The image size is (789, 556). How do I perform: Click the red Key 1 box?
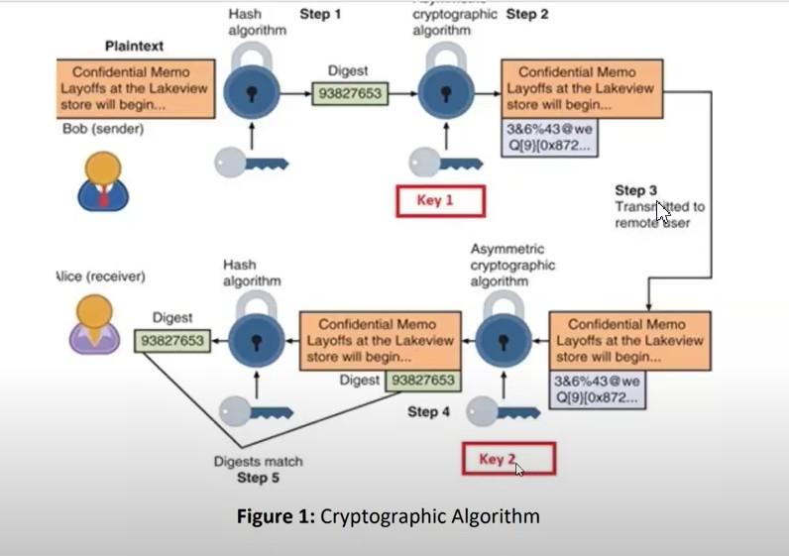[x=440, y=201]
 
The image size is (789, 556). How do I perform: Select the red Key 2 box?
[x=508, y=459]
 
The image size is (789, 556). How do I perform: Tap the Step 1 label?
[x=320, y=14]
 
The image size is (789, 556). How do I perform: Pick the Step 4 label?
[x=428, y=411]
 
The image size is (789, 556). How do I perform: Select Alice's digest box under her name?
[x=172, y=340]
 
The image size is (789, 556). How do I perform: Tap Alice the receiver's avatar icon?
[x=95, y=324]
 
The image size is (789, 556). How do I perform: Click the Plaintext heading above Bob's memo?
[x=135, y=47]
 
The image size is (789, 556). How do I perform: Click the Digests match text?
[x=259, y=461]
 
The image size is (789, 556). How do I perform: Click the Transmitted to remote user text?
[x=659, y=215]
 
